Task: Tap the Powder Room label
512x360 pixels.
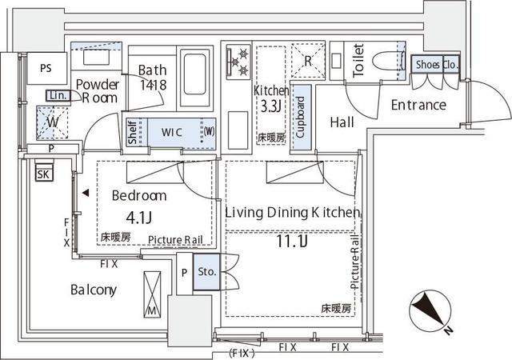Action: tap(97, 90)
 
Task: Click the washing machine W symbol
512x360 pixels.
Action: tap(52, 123)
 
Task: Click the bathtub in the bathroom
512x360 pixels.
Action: tap(194, 74)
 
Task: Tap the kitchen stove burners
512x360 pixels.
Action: tap(238, 62)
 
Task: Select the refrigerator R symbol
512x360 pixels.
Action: tap(308, 59)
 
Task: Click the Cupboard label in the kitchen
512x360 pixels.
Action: tap(301, 118)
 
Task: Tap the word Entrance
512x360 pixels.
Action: tap(418, 105)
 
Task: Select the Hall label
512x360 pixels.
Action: tap(342, 122)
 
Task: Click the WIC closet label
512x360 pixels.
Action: tap(173, 131)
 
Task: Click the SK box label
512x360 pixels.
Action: tap(44, 173)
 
